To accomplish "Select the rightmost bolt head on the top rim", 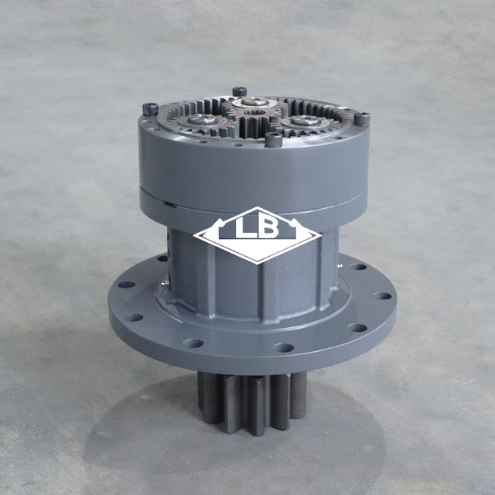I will click(x=361, y=118).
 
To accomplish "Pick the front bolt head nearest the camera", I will click(x=274, y=139).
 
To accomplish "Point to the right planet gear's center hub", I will click(x=307, y=121).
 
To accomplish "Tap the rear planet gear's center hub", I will click(x=254, y=101).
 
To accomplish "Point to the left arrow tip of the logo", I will click(x=196, y=234).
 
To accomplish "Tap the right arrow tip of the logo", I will click(x=319, y=234).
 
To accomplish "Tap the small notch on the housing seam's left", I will click(x=165, y=203).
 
